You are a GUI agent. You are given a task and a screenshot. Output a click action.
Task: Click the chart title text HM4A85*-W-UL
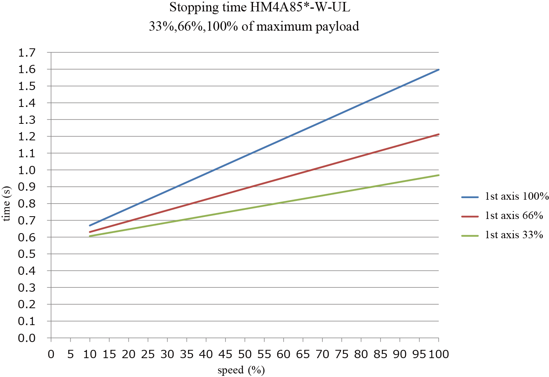click(x=300, y=7)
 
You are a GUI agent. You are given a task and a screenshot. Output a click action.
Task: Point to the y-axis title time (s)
click(x=6, y=204)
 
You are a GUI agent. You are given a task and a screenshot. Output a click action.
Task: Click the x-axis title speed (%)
click(x=241, y=370)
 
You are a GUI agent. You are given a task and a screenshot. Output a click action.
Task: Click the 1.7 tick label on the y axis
click(x=27, y=53)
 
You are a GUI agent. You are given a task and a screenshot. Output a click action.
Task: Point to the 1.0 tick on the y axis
click(x=27, y=170)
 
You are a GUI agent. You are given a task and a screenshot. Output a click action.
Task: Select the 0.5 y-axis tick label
click(x=27, y=254)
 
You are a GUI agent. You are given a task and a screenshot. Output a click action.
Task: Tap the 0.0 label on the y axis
click(x=27, y=338)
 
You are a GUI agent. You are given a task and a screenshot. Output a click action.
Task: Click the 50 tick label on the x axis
click(x=245, y=354)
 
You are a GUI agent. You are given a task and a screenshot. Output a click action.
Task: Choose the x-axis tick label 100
click(x=438, y=354)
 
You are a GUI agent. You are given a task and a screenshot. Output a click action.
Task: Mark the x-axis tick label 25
click(x=148, y=354)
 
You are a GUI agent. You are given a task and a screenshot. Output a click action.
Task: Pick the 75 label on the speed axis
click(x=342, y=354)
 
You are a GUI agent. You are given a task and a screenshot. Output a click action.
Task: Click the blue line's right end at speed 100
click(x=438, y=70)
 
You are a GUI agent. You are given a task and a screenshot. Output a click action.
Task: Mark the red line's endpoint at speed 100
click(x=438, y=134)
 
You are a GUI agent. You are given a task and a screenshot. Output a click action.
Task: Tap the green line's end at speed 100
click(x=438, y=175)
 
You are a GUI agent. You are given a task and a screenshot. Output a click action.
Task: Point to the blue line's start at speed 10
click(x=90, y=226)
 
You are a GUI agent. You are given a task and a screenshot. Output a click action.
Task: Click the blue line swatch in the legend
click(x=470, y=197)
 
